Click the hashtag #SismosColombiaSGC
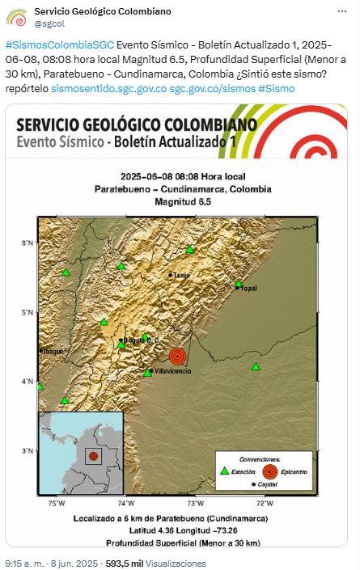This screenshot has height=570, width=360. click(59, 44)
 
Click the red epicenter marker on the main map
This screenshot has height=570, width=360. click(178, 357)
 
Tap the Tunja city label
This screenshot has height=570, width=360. click(181, 276)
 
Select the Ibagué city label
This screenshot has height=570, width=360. click(52, 351)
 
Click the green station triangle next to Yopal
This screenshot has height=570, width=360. click(239, 283)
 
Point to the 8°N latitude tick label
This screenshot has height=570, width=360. click(27, 243)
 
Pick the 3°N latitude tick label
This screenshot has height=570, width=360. click(27, 450)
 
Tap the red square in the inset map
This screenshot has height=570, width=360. click(94, 456)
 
